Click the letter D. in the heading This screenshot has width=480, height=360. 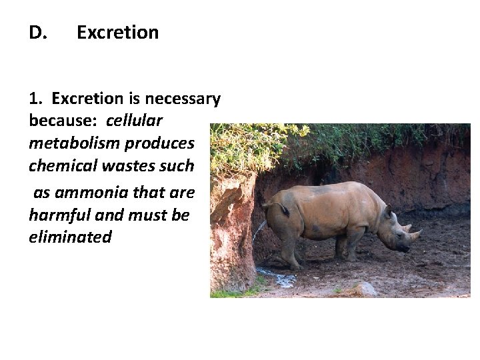pyautogui.click(x=37, y=33)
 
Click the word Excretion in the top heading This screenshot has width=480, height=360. pyautogui.click(x=117, y=33)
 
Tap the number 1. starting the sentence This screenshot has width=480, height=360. pyautogui.click(x=36, y=99)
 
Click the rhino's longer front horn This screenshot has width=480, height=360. pyautogui.click(x=415, y=234)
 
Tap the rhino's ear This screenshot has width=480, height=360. pyautogui.click(x=387, y=211)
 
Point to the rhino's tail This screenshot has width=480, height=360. pyautogui.click(x=284, y=209)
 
